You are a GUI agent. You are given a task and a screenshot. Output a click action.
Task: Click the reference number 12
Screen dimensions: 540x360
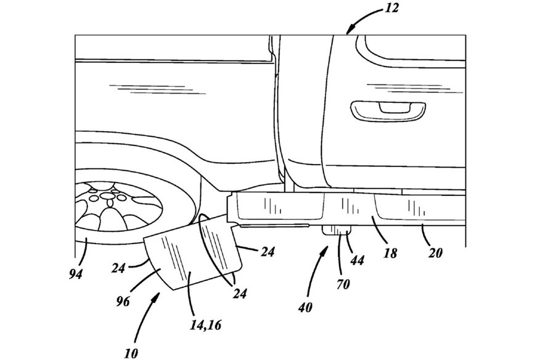pyautogui.click(x=391, y=7)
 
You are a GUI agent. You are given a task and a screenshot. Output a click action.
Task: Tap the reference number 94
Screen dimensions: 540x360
pyautogui.click(x=76, y=274)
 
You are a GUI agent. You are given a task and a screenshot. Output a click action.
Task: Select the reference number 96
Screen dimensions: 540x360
pyautogui.click(x=123, y=301)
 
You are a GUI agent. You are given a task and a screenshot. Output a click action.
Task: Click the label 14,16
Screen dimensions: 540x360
pyautogui.click(x=205, y=325)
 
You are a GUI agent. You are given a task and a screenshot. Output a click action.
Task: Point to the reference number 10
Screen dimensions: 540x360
pyautogui.click(x=131, y=353)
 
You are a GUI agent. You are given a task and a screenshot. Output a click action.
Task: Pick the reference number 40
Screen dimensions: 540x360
pyautogui.click(x=305, y=307)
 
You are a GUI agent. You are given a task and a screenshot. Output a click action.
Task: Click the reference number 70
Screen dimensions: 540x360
pyautogui.click(x=343, y=284)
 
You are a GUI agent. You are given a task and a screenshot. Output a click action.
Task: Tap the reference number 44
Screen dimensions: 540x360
pyautogui.click(x=357, y=260)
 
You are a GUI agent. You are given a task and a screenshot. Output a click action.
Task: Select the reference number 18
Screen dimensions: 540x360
pyautogui.click(x=390, y=253)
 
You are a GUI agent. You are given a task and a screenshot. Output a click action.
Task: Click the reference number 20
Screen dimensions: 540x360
pyautogui.click(x=435, y=253)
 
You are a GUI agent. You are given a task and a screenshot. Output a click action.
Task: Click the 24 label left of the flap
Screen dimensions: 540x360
pyautogui.click(x=118, y=268)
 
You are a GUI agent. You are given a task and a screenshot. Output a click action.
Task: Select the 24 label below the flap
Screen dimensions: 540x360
pyautogui.click(x=240, y=293)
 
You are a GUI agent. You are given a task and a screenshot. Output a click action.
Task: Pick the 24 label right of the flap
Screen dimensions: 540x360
pyautogui.click(x=268, y=252)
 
